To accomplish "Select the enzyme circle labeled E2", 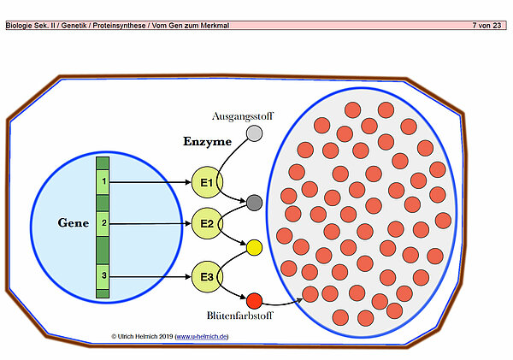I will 207,223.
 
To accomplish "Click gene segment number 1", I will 103,182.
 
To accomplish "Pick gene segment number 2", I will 103,223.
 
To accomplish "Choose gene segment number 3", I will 103,275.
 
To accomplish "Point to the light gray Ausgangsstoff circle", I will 254,133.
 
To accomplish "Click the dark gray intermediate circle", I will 253,204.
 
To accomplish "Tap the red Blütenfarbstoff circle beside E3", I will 254,300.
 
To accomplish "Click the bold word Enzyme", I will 207,140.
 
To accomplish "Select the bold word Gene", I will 74,223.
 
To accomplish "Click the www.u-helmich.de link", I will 202,337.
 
